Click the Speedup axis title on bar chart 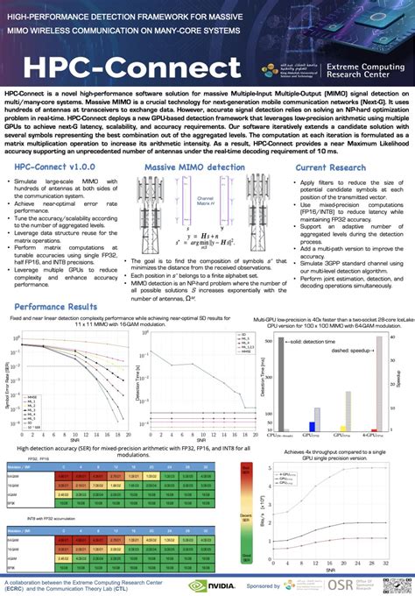click(x=404, y=378)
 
